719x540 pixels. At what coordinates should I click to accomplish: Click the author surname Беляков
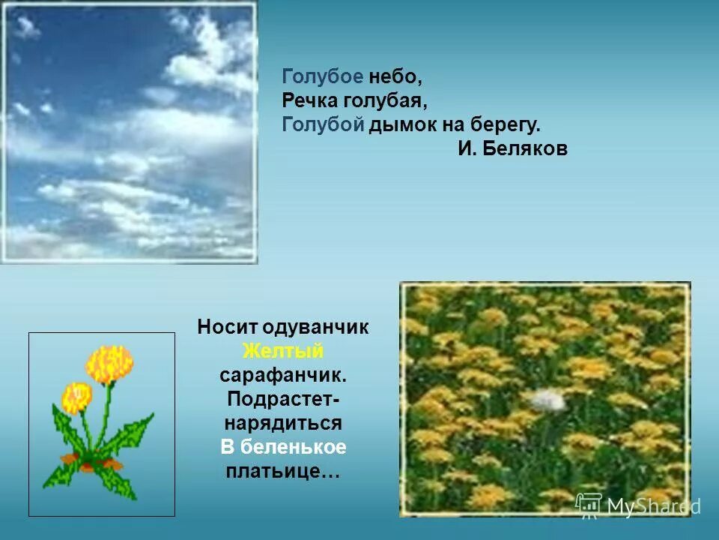tap(525, 148)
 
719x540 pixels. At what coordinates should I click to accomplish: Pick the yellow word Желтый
tap(282, 350)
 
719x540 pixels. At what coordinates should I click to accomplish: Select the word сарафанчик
tap(282, 374)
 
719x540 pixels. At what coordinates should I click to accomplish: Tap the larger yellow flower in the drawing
tap(109, 364)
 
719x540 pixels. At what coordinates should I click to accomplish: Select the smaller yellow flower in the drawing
tap(76, 397)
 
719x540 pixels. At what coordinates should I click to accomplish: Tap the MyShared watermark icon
tap(589, 505)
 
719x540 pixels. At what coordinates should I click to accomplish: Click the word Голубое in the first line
tap(323, 76)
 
